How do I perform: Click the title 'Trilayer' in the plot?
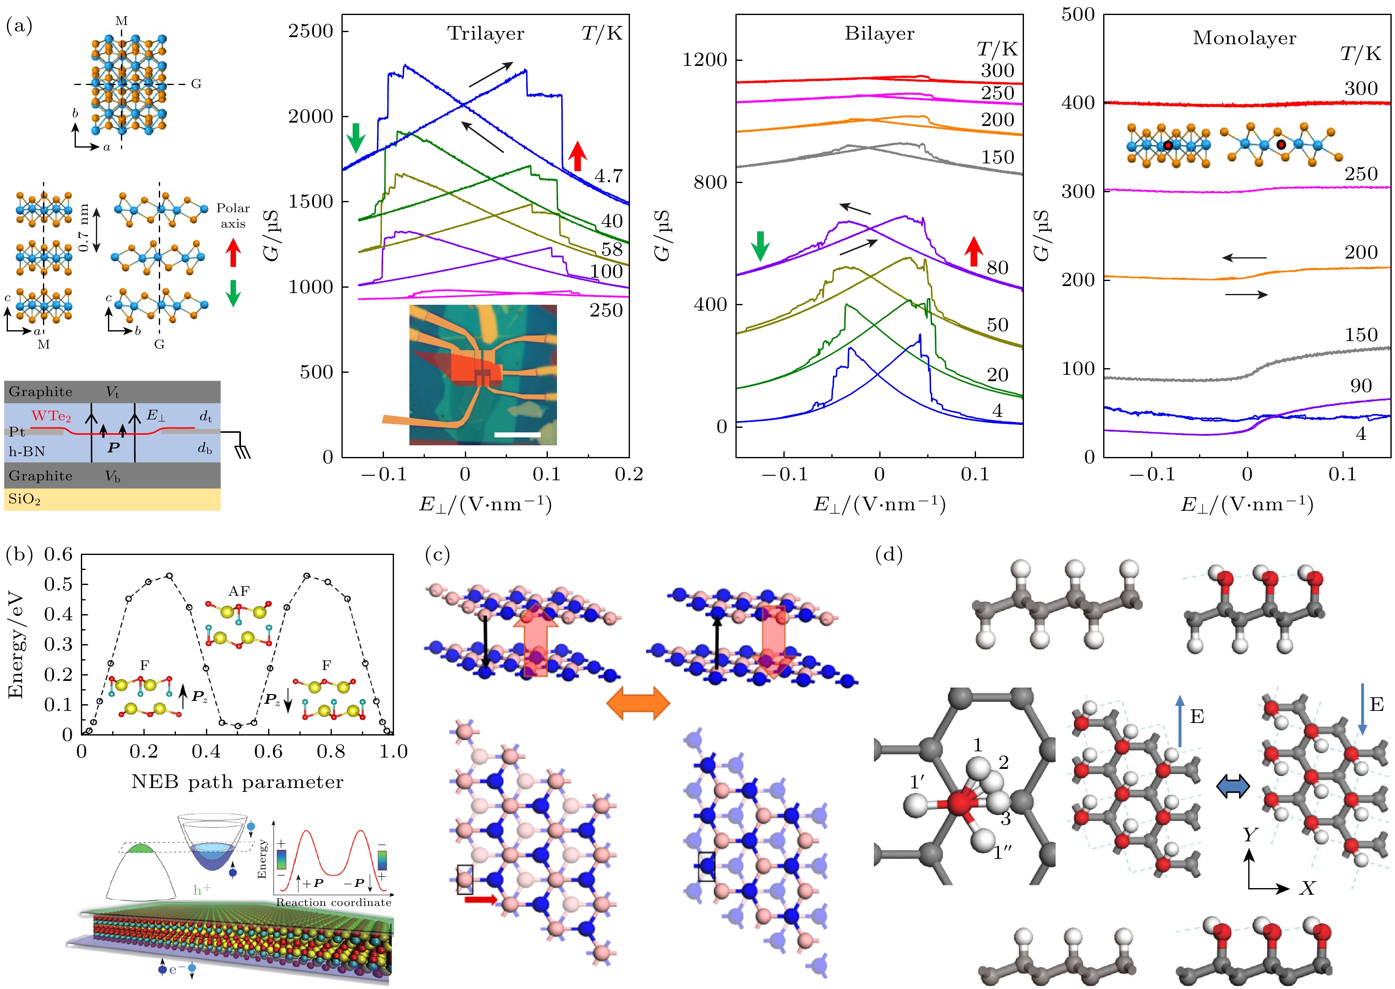pyautogui.click(x=485, y=33)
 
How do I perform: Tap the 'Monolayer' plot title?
pyautogui.click(x=1244, y=38)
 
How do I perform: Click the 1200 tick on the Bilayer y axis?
pyautogui.click(x=705, y=60)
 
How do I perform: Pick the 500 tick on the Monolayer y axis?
pyautogui.click(x=1078, y=15)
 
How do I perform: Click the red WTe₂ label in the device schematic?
pyautogui.click(x=51, y=417)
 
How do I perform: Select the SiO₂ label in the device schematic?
pyautogui.click(x=24, y=500)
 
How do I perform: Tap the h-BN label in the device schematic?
pyautogui.click(x=27, y=451)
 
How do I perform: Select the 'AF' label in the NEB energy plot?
pyautogui.click(x=239, y=591)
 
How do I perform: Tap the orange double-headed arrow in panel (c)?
pyautogui.click(x=638, y=703)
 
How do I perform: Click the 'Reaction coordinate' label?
pyautogui.click(x=334, y=902)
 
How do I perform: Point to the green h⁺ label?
pyautogui.click(x=202, y=890)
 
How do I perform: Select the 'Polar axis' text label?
pyautogui.click(x=233, y=216)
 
